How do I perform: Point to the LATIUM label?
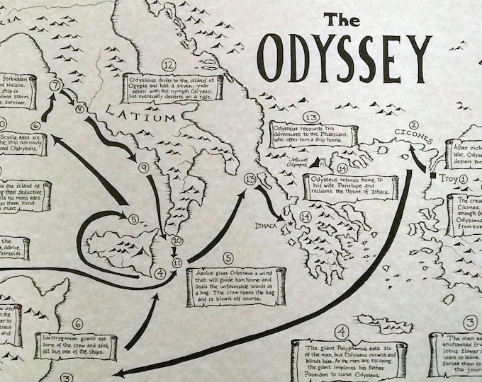pos(141,115)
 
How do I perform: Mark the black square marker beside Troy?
pos(431,174)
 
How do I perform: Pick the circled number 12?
pos(168,64)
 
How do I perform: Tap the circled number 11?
pos(176,262)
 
